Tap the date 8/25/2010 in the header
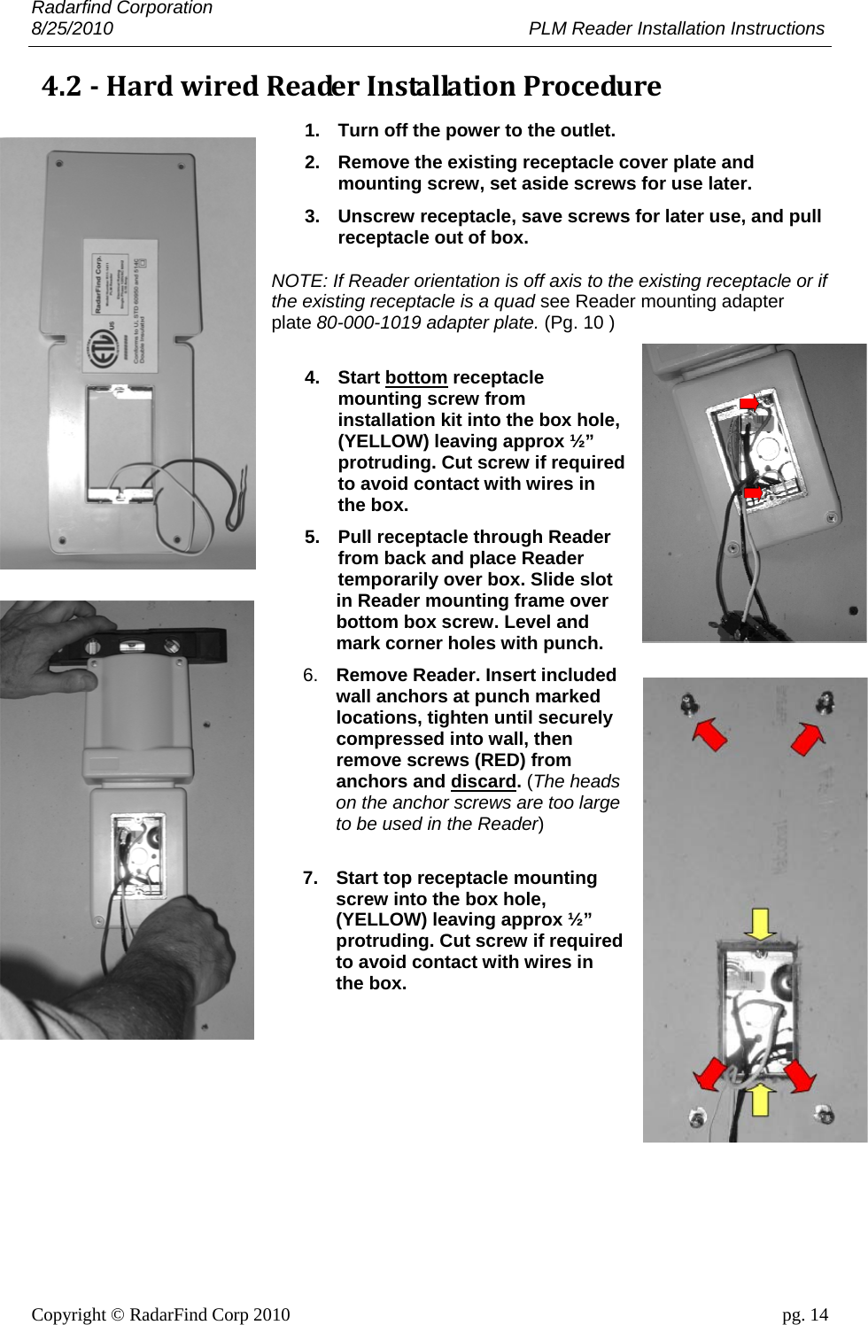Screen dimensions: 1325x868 pyautogui.click(x=72, y=28)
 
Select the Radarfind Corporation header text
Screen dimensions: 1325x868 pyautogui.click(x=121, y=8)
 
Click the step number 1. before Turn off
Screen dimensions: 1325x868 pyautogui.click(x=312, y=130)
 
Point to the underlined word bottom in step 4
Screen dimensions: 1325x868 pyautogui.click(x=415, y=377)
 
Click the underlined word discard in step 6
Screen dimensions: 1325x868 pyautogui.click(x=483, y=781)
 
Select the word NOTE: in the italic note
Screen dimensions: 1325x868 pyautogui.click(x=298, y=281)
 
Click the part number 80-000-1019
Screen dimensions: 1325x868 pyautogui.click(x=368, y=322)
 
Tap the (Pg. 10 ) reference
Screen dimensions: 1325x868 pyautogui.click(x=578, y=322)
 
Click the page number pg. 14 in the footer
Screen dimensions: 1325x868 pyautogui.click(x=804, y=1314)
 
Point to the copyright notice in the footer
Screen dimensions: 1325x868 pyautogui.click(x=160, y=1314)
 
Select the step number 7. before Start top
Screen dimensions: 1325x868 pyautogui.click(x=310, y=878)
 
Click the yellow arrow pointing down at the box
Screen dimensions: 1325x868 pyautogui.click(x=759, y=924)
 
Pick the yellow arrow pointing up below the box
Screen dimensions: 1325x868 pyautogui.click(x=759, y=1098)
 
